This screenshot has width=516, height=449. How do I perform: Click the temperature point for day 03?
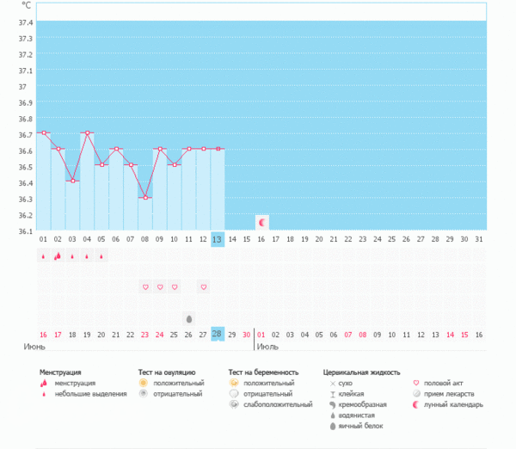point(72,181)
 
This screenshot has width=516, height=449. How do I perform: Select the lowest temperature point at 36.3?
point(145,198)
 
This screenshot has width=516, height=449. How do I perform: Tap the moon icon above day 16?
point(262,221)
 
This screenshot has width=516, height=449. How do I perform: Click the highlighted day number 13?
point(218,239)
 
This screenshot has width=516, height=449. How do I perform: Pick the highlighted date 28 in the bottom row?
point(218,334)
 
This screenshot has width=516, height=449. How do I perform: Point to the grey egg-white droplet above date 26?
point(189,317)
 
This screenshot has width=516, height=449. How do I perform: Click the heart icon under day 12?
point(203,286)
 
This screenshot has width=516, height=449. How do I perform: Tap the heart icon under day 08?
point(145,286)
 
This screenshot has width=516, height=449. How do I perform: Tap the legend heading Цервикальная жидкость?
point(361,372)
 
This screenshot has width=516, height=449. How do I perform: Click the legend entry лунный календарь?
point(458,404)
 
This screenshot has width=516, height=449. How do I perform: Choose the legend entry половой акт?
point(450,383)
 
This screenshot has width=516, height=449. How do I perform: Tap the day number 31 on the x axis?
point(479,239)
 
